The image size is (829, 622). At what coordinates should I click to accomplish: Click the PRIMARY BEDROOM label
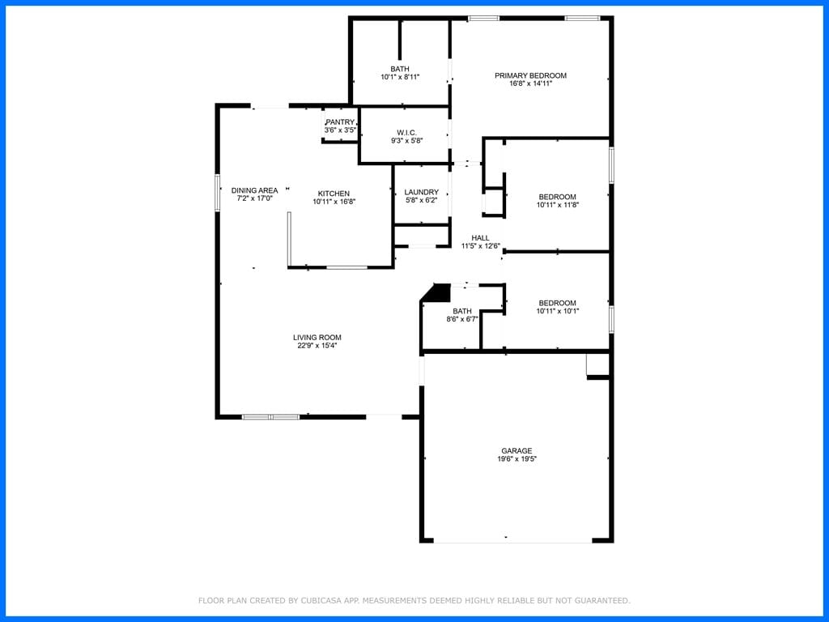click(530, 75)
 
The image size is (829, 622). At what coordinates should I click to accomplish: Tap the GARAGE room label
click(517, 451)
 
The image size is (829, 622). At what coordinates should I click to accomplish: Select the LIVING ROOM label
click(317, 338)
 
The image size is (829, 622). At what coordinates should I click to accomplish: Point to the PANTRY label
click(340, 122)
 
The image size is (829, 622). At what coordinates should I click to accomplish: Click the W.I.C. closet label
click(406, 133)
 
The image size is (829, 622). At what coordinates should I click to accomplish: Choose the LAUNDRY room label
click(421, 193)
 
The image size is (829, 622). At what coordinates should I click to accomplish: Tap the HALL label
click(481, 238)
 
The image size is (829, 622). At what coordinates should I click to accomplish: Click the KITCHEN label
click(334, 194)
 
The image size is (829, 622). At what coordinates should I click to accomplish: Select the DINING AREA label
click(254, 190)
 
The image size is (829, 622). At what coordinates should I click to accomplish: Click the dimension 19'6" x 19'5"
click(517, 459)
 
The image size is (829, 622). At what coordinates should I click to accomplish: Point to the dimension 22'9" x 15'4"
click(317, 346)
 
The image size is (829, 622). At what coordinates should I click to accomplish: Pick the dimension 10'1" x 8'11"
click(400, 77)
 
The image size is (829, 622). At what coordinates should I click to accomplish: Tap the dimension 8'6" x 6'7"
click(462, 319)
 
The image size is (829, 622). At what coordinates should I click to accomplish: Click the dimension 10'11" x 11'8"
click(557, 205)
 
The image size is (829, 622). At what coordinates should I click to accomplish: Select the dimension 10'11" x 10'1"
click(557, 312)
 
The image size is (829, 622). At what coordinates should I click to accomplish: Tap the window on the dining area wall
click(217, 193)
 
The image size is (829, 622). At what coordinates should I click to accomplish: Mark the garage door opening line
click(512, 542)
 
